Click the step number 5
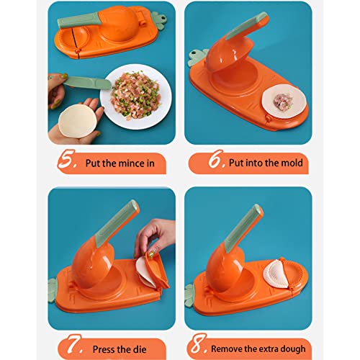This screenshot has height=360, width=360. coord(66,159)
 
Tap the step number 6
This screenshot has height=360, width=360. coord(216,158)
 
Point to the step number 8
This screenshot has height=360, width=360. coord(197,343)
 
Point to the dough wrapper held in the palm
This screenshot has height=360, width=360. coord(77,121)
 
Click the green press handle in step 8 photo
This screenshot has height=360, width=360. coord(243,228)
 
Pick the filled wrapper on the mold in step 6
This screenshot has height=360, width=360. coord(284,101)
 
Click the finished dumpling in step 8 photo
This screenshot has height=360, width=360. coord(276,274)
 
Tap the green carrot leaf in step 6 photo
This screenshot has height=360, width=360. coord(198,58)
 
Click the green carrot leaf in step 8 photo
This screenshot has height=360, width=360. coord(189,296)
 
